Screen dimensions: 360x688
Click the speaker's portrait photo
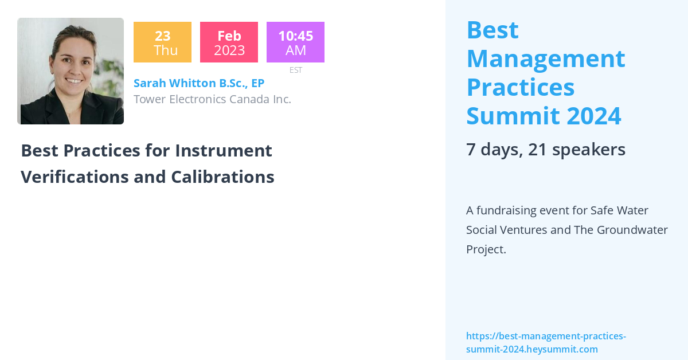click(x=71, y=71)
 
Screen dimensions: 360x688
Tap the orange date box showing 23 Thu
click(x=162, y=42)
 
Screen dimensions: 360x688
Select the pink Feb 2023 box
click(x=229, y=42)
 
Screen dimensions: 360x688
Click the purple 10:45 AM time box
click(x=295, y=42)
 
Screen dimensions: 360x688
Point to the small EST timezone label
click(x=295, y=70)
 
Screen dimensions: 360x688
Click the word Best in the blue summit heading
click(x=492, y=30)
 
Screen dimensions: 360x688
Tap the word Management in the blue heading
click(x=545, y=58)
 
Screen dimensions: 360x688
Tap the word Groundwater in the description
click(x=632, y=230)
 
